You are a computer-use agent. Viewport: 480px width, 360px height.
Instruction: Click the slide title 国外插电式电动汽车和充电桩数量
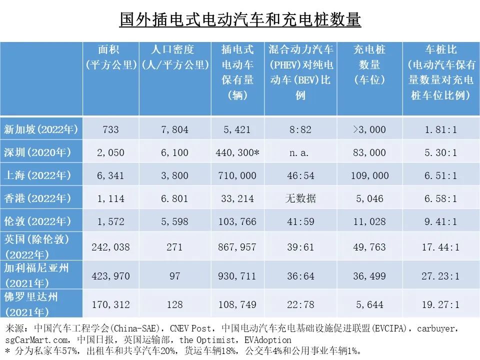pyautogui.click(x=240, y=20)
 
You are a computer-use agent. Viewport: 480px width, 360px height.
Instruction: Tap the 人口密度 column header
pyautogui.click(x=174, y=57)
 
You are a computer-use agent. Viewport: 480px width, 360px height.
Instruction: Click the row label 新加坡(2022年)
pyautogui.click(x=41, y=129)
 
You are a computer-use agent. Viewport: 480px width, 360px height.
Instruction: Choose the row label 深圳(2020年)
pyautogui.click(x=41, y=152)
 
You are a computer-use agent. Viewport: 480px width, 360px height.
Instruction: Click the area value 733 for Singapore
pyautogui.click(x=110, y=129)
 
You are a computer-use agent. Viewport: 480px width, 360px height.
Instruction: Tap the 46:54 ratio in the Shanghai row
pyautogui.click(x=300, y=175)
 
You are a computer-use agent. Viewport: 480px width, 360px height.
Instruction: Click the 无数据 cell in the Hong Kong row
pyautogui.click(x=300, y=198)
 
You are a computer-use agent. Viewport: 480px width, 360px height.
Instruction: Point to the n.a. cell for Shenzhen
pyautogui.click(x=300, y=152)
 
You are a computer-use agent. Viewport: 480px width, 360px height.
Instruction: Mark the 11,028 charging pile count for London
pyautogui.click(x=369, y=221)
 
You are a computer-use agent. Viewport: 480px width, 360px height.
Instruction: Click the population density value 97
pyautogui.click(x=174, y=275)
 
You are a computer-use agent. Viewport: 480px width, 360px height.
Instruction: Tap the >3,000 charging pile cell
pyautogui.click(x=369, y=129)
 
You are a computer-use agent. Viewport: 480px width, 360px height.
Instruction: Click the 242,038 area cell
pyautogui.click(x=110, y=247)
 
